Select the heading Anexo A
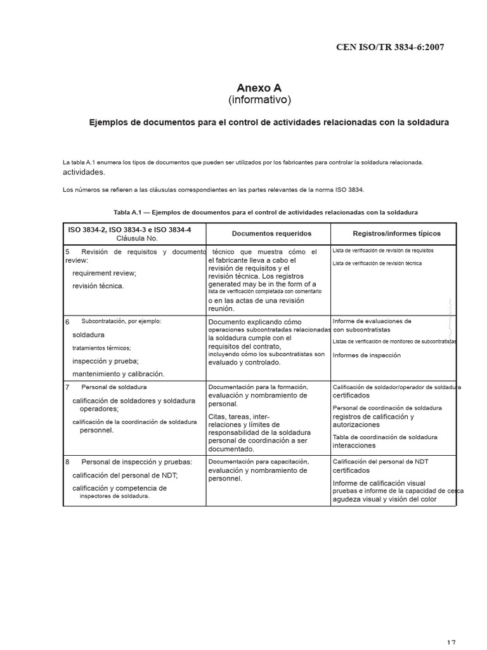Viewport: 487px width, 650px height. [x=259, y=88]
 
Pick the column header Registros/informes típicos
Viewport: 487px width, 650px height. [x=396, y=234]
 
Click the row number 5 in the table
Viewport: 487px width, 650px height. [x=67, y=252]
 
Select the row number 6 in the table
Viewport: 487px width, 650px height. [x=67, y=322]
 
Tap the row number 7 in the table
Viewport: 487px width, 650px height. [x=67, y=387]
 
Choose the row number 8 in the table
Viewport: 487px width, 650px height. [x=67, y=461]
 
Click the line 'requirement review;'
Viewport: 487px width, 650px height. [x=104, y=273]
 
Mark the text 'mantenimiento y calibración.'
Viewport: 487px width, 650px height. [x=118, y=374]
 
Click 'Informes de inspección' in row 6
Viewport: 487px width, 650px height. [x=367, y=355]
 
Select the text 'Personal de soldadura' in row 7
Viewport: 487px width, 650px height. [x=114, y=387]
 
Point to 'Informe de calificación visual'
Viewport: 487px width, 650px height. [x=379, y=483]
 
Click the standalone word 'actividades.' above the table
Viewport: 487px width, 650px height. [x=84, y=172]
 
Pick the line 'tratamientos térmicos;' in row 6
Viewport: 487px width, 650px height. [x=101, y=348]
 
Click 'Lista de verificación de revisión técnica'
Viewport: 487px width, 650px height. [x=377, y=263]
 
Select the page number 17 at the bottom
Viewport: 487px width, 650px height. [x=450, y=644]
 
